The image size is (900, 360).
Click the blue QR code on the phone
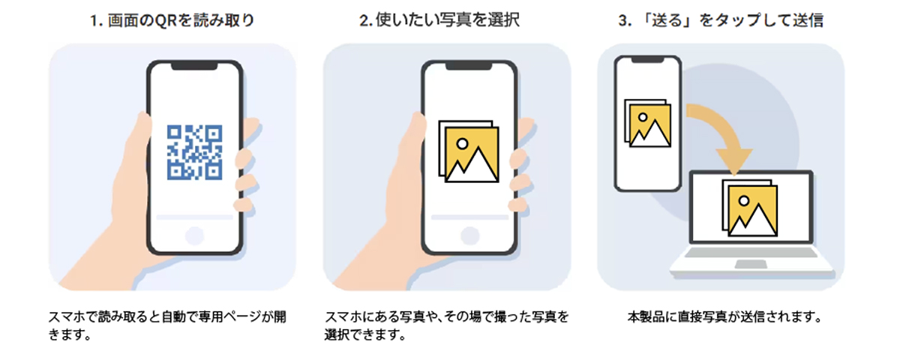click(194, 152)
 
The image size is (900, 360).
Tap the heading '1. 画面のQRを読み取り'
click(172, 20)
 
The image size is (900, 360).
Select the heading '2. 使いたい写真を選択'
click(439, 19)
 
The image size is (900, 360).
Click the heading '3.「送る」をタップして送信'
click(721, 20)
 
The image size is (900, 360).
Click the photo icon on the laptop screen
click(750, 208)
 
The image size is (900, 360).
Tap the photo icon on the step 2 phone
click(469, 151)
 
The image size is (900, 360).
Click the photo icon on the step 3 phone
click(647, 123)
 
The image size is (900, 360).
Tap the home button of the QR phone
click(194, 235)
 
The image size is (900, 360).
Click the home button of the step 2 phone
click(469, 235)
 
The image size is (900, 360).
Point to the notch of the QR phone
click(194, 66)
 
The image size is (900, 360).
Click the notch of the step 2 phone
click(469, 66)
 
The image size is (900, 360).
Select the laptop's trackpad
click(751, 264)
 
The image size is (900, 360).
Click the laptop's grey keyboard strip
click(751, 253)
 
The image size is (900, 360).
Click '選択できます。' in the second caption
click(365, 334)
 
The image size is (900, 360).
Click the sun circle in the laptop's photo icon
click(744, 200)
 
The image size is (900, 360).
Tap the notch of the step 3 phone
click(647, 59)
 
